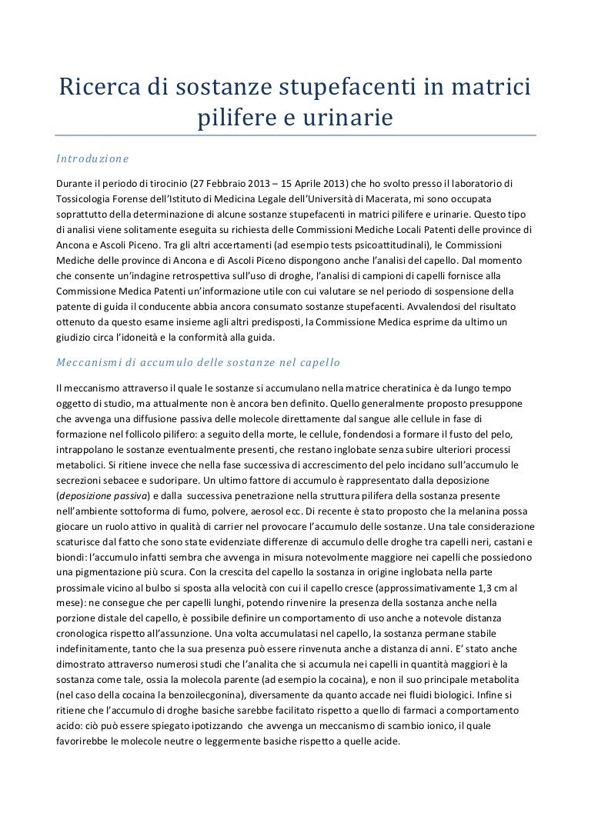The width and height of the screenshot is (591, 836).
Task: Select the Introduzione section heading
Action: [92, 158]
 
